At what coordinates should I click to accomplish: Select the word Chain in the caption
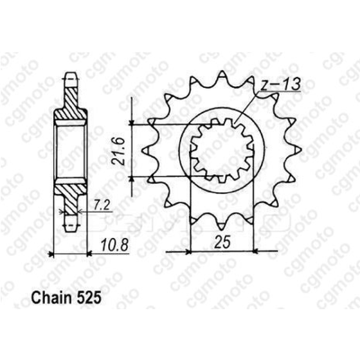[x=51, y=299]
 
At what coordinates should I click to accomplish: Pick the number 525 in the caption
[x=89, y=299]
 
